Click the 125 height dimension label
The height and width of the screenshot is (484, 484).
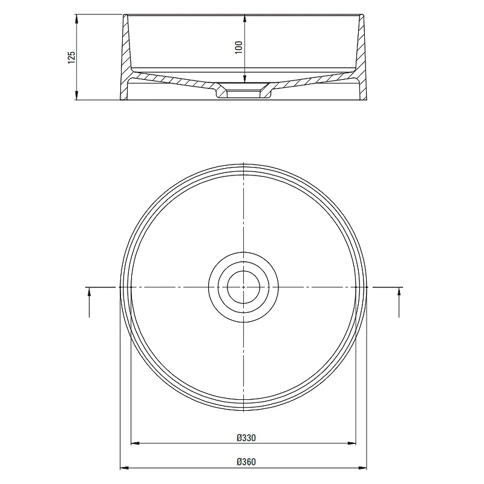pyautogui.click(x=71, y=57)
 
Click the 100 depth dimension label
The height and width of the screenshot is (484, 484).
pyautogui.click(x=239, y=47)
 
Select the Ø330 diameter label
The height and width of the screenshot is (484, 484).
pyautogui.click(x=246, y=437)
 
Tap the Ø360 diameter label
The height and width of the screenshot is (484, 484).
pyautogui.click(x=246, y=462)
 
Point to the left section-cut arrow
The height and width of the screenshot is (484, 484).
pyautogui.click(x=89, y=302)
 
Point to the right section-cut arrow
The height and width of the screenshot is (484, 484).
pyautogui.click(x=399, y=302)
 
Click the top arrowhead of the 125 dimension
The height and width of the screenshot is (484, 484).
pyautogui.click(x=77, y=19)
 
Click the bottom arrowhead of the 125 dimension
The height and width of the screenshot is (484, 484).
pyautogui.click(x=77, y=96)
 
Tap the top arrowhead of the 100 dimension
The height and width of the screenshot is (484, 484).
pyautogui.click(x=245, y=19)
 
